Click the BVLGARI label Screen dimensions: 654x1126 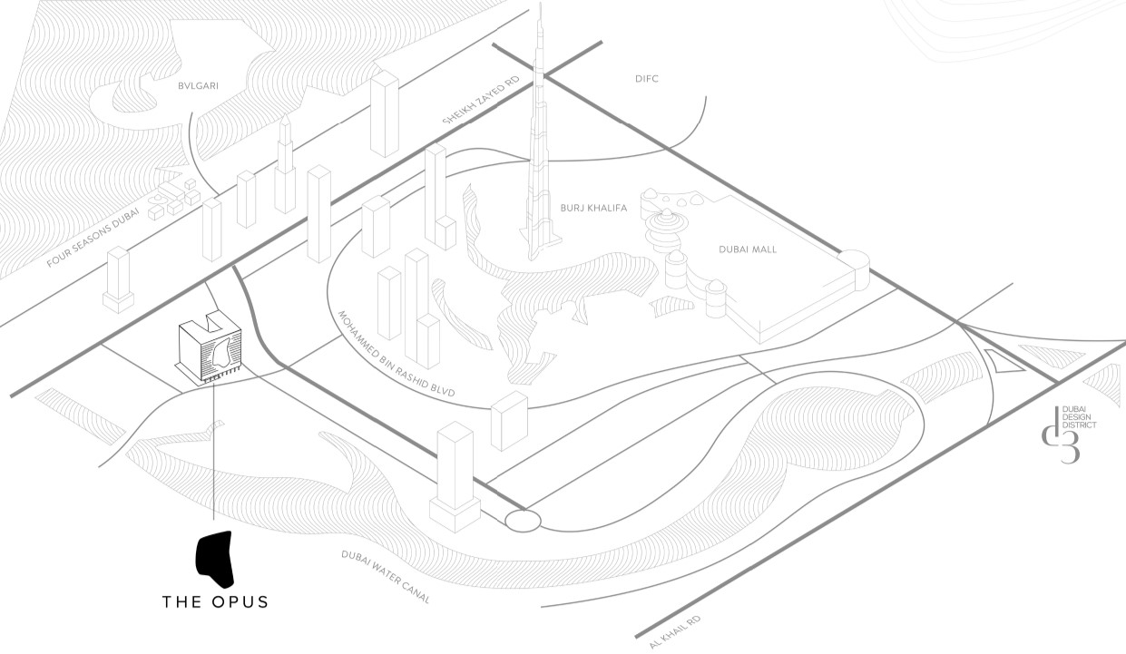point(199,86)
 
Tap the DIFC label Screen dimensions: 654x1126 point(647,79)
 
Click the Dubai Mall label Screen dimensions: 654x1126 point(748,249)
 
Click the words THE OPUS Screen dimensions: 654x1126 point(215,601)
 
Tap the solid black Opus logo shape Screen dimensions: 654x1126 point(216,559)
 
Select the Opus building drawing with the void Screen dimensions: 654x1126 point(210,348)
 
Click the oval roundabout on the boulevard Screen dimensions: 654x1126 point(523,520)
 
